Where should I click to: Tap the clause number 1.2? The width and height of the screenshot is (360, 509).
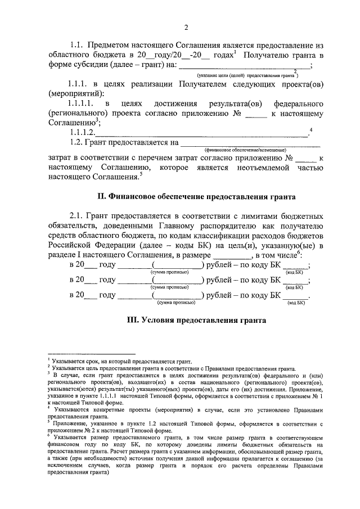point(78,143)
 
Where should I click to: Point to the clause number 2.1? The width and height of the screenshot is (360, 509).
point(78,217)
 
